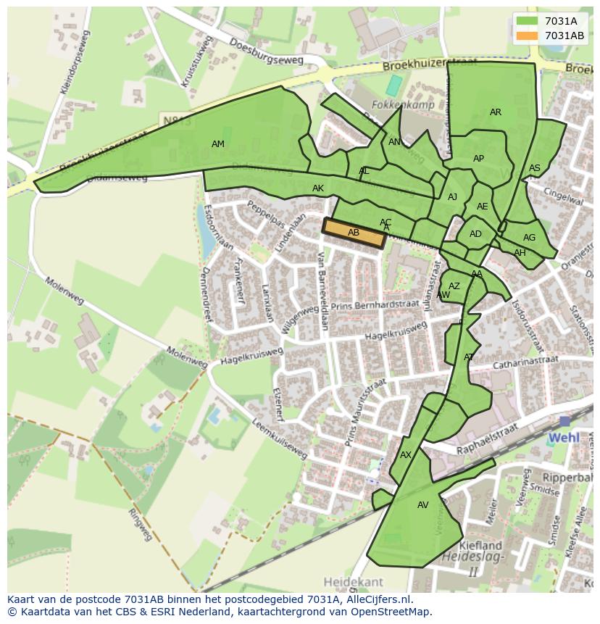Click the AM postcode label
[217, 144]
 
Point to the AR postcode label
[496, 112]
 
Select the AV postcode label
[423, 505]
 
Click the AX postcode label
[406, 455]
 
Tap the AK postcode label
[318, 188]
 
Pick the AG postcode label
[529, 238]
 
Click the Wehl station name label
[564, 438]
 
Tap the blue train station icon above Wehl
[564, 421]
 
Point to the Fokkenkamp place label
[392, 104]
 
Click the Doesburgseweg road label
[265, 51]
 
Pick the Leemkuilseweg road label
[280, 439]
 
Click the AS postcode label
[535, 168]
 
